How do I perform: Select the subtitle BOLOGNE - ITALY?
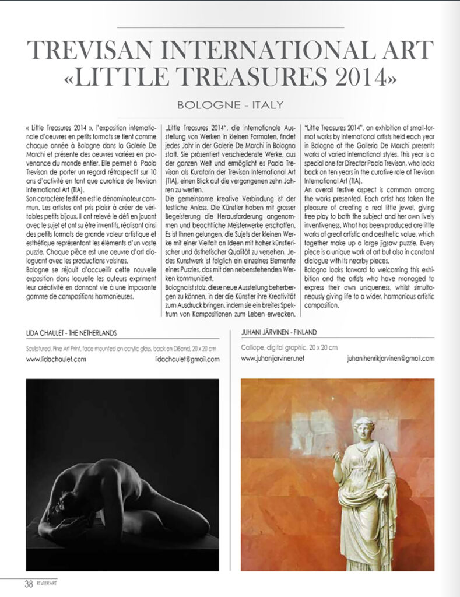pyautogui.click(x=230, y=105)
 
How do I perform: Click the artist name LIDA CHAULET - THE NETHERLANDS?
pyautogui.click(x=71, y=332)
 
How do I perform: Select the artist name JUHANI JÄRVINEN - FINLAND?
pyautogui.click(x=279, y=332)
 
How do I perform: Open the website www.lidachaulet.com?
pyautogui.click(x=57, y=359)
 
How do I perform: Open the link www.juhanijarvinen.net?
pyautogui.click(x=273, y=359)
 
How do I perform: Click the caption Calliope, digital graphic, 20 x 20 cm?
pyautogui.click(x=289, y=347)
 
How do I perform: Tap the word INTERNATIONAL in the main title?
pyautogui.click(x=262, y=51)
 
